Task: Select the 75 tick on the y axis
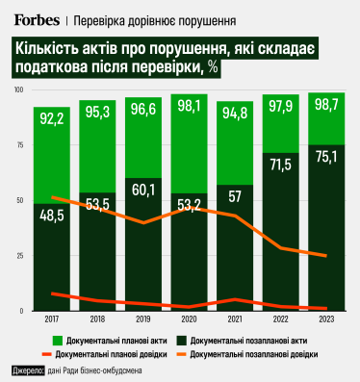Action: click(20, 144)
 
